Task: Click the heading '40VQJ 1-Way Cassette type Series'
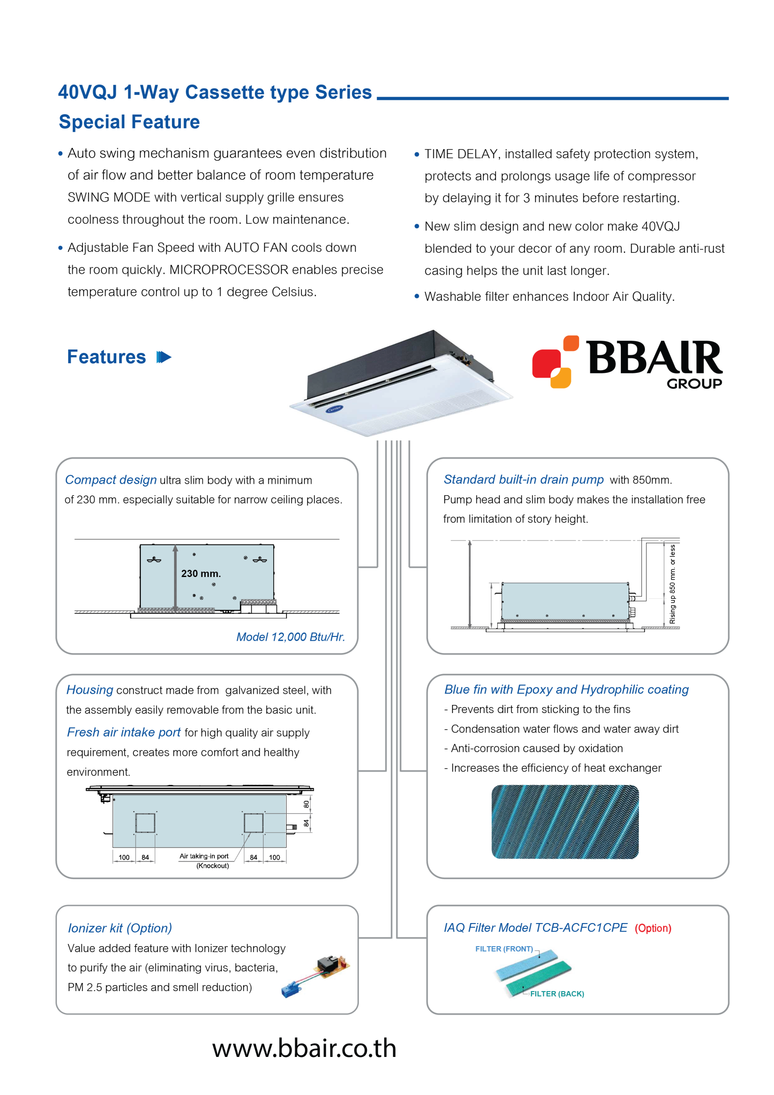click(215, 92)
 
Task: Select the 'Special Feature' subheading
click(129, 122)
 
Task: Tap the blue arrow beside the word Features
click(164, 357)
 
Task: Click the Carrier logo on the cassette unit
click(334, 409)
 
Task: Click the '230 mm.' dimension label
click(201, 574)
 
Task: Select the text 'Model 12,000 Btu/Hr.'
click(290, 637)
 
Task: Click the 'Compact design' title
click(111, 480)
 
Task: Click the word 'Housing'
click(90, 690)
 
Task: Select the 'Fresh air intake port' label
click(124, 732)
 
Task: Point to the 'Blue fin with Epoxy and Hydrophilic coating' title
click(567, 690)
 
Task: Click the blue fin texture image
click(565, 821)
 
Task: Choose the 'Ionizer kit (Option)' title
click(120, 928)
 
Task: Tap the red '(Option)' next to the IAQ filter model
click(653, 928)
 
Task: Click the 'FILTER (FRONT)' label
click(504, 949)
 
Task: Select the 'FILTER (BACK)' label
click(556, 994)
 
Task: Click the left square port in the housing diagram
click(145, 823)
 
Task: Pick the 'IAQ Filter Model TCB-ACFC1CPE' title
click(535, 928)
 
